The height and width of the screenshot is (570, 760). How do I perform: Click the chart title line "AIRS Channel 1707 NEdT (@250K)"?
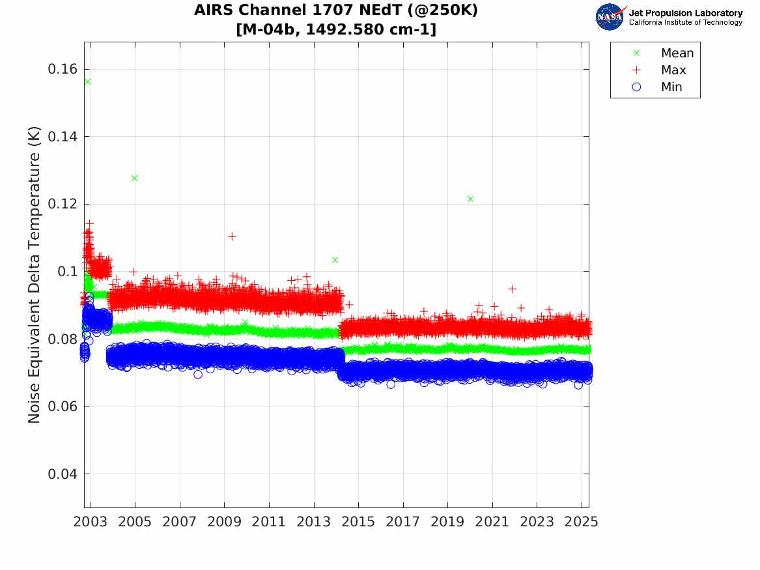336,11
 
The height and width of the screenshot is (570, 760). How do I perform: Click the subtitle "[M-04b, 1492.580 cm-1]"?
336,29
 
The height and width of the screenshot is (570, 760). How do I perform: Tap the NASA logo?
610,17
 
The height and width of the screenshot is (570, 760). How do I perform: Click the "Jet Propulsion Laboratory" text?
685,13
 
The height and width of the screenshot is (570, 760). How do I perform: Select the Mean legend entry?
677,53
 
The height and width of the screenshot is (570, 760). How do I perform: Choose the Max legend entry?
673,70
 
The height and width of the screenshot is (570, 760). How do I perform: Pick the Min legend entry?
671,87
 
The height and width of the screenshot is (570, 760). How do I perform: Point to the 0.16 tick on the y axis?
63,69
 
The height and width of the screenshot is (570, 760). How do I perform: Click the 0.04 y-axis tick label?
63,474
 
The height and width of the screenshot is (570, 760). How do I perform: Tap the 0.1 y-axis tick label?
67,271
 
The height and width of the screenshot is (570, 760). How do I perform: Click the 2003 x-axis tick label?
91,522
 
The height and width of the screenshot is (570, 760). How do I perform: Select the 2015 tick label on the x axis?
358,522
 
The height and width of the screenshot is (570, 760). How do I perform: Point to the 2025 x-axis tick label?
581,522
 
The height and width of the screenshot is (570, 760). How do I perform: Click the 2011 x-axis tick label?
269,522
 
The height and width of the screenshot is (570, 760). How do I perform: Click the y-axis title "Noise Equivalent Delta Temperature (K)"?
35,274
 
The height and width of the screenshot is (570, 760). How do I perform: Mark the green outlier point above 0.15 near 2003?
87,81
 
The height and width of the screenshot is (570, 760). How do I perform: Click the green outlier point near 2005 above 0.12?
135,178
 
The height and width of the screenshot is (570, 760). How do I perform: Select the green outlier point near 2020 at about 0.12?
470,199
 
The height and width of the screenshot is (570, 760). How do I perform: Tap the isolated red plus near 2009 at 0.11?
232,236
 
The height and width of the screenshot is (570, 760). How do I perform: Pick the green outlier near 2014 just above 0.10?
335,260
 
